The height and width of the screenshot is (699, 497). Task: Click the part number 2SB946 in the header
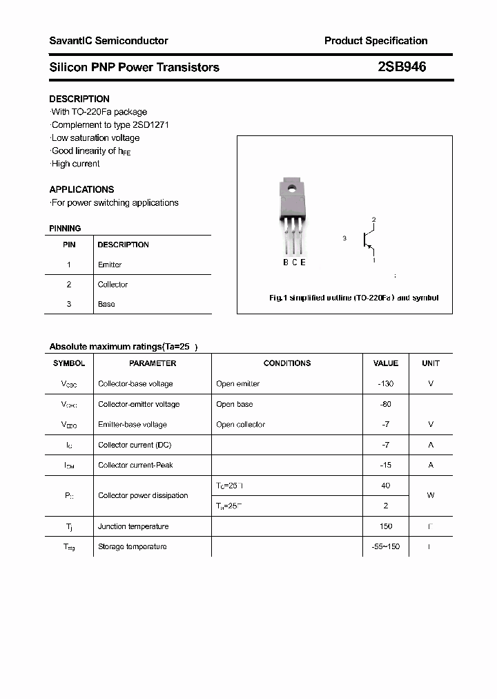pos(402,67)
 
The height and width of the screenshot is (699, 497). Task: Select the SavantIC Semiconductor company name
pos(108,41)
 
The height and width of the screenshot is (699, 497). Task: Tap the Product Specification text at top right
pos(376,41)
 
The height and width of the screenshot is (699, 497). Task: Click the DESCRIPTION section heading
pos(79,99)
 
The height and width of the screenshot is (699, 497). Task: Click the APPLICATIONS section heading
pos(81,189)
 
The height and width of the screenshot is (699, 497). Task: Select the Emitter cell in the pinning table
pos(110,265)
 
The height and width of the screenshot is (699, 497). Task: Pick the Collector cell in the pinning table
pos(113,285)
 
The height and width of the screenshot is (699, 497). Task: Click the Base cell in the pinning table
pos(106,304)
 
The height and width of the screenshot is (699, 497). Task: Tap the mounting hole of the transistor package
pos(293,186)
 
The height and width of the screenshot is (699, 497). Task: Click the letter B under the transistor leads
pos(286,262)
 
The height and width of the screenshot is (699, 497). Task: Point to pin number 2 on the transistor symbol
pos(373,220)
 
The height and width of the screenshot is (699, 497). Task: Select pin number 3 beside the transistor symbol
pos(344,238)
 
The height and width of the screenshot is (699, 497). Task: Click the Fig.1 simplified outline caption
pos(353,298)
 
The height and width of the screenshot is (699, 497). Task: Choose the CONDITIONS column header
pos(287,363)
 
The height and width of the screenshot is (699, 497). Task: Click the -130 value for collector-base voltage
pos(385,384)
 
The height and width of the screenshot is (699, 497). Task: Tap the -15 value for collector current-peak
pos(385,466)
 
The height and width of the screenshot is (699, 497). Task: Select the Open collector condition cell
pos(240,425)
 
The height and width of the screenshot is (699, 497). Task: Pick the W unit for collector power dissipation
pos(431,495)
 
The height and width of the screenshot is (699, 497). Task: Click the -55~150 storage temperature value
pos(385,547)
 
